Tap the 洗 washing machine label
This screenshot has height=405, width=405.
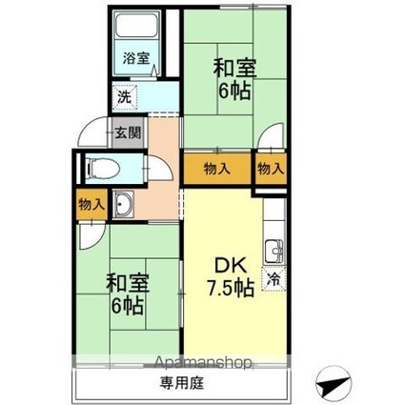coord(123,96)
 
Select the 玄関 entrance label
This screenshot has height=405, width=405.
coord(129,133)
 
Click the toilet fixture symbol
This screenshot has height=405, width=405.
coord(99,170)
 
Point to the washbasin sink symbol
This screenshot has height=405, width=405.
coord(125,204)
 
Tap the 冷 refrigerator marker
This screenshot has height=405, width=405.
coord(273,280)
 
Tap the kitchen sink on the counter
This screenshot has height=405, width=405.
coord(273,252)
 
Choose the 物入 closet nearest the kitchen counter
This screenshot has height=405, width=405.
coord(271,169)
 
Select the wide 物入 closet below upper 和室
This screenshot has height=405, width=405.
coord(217,169)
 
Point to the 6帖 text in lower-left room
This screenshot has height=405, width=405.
coord(126,307)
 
